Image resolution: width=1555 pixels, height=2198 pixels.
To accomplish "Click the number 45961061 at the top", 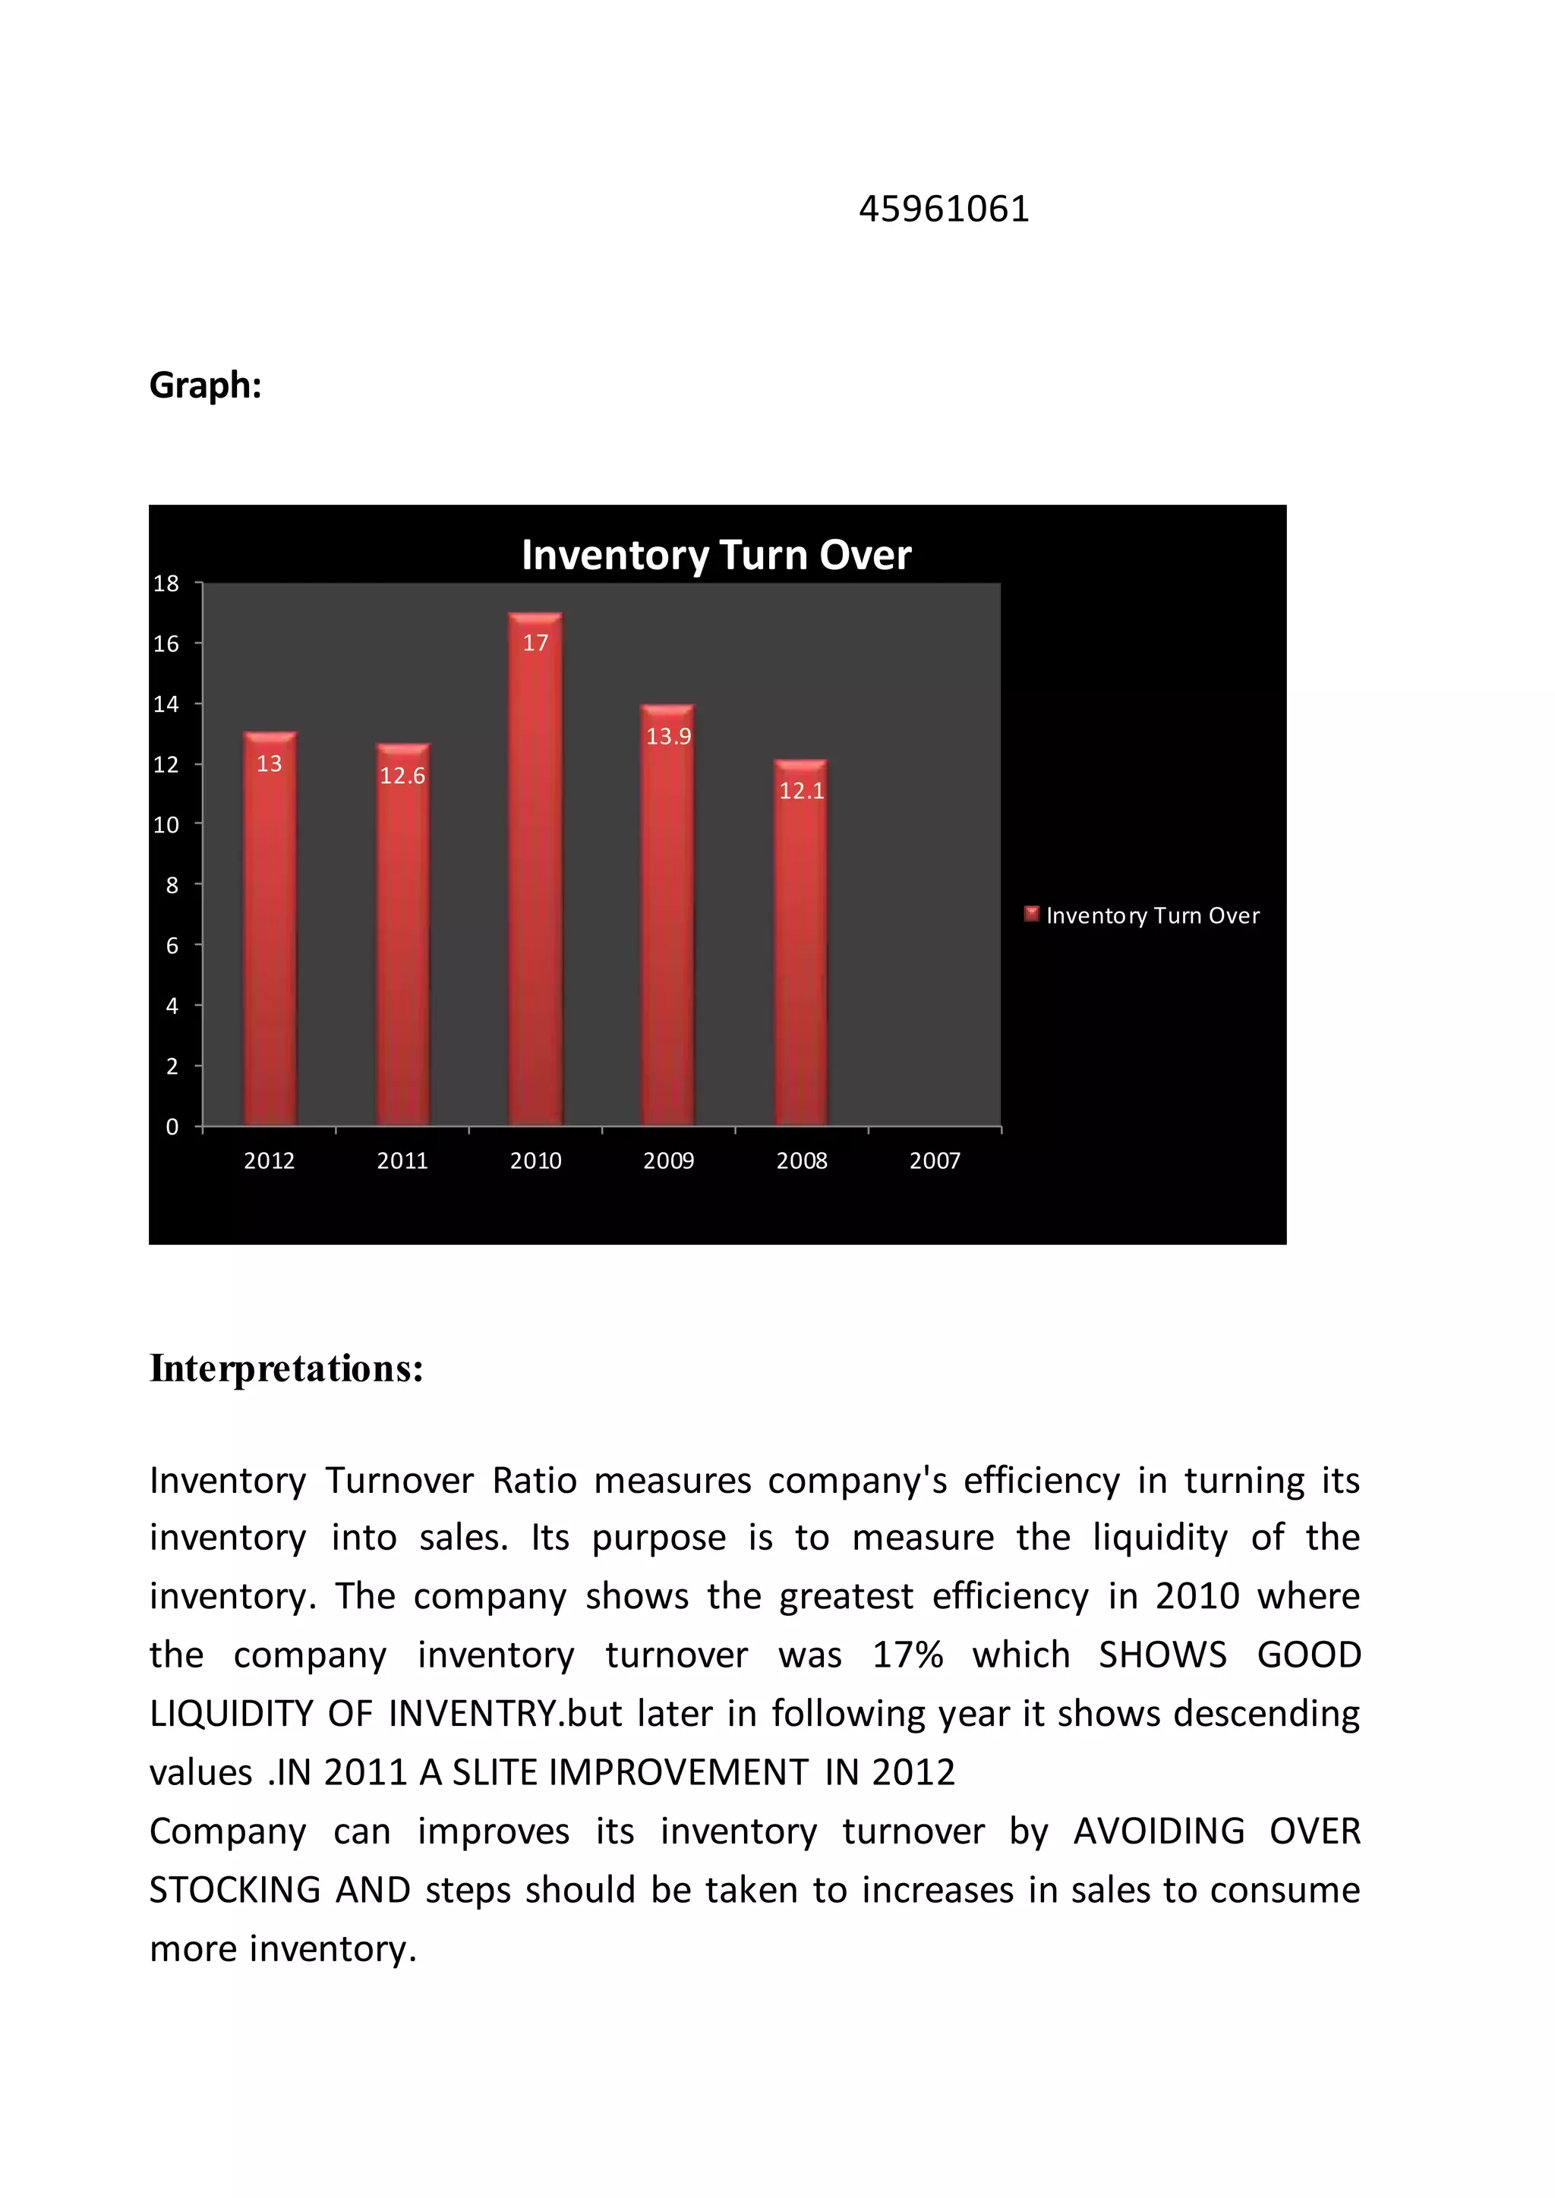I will [x=943, y=209].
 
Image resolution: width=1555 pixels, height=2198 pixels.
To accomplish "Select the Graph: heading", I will [x=205, y=385].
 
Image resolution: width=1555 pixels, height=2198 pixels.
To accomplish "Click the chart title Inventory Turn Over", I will [x=715, y=556].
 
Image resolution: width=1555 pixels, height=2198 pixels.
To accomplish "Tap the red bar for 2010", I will [x=535, y=880].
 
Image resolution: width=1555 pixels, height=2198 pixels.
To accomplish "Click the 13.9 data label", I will [x=668, y=736].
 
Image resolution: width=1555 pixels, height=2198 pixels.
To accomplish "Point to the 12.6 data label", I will [x=402, y=776].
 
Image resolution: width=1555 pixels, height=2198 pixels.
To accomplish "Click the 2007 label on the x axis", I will [x=934, y=1160].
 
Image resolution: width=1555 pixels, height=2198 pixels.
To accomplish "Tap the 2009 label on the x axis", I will [x=668, y=1160].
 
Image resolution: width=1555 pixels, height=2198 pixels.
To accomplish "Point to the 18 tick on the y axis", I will [x=166, y=583].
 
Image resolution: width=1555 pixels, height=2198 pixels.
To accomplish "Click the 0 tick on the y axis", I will [x=172, y=1127].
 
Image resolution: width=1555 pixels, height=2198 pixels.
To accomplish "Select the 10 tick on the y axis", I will [x=166, y=824].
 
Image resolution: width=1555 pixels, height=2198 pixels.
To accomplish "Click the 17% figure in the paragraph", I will [x=907, y=1655].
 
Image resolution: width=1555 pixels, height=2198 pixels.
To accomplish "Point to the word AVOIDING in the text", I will [x=1159, y=1831].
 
